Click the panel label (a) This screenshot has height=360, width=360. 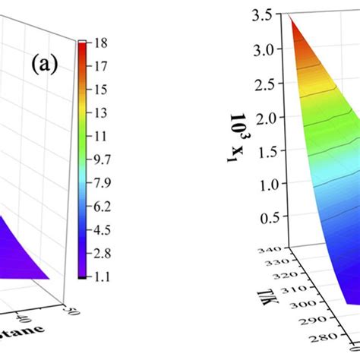coord(44,64)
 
